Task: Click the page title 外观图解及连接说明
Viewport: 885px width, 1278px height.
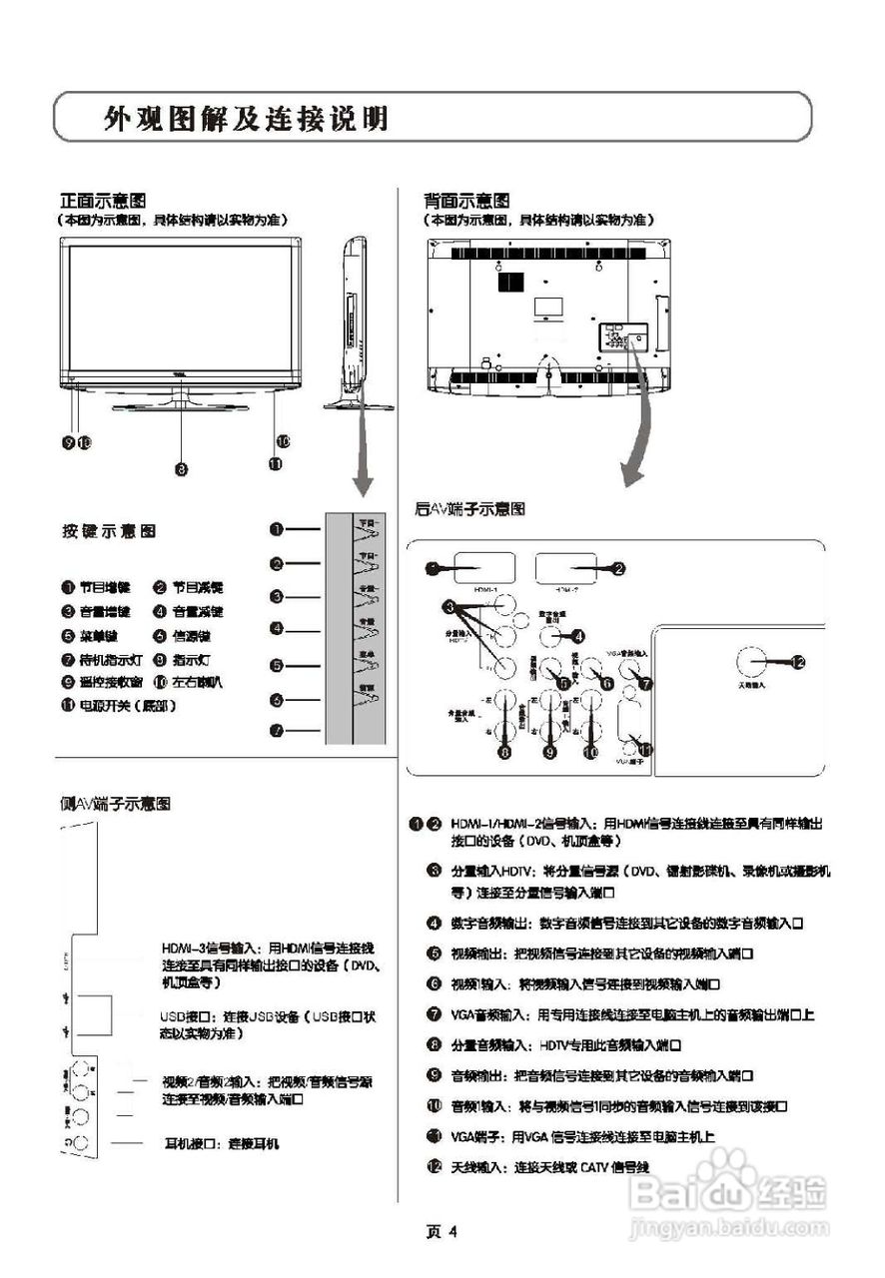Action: (x=246, y=120)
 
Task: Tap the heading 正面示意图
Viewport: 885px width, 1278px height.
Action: (x=104, y=200)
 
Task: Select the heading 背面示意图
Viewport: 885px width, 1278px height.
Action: (x=466, y=200)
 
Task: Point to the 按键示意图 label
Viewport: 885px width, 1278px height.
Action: (x=109, y=531)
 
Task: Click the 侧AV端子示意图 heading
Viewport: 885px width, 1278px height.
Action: (x=115, y=804)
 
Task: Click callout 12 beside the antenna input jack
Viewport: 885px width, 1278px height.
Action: (x=797, y=660)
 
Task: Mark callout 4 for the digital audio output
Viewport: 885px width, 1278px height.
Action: (x=577, y=636)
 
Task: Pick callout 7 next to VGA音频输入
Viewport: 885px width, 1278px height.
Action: (x=646, y=684)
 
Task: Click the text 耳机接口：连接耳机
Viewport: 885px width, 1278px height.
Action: (x=222, y=1143)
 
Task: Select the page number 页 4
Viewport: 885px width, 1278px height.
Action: (x=442, y=1231)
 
